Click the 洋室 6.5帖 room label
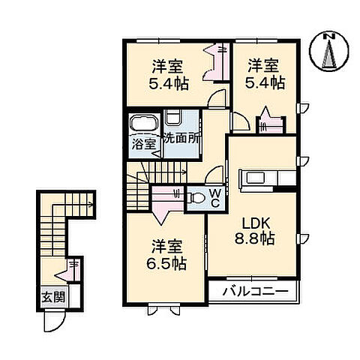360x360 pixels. (168, 255)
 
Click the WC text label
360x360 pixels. (214, 198)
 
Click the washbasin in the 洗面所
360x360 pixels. (172, 117)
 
